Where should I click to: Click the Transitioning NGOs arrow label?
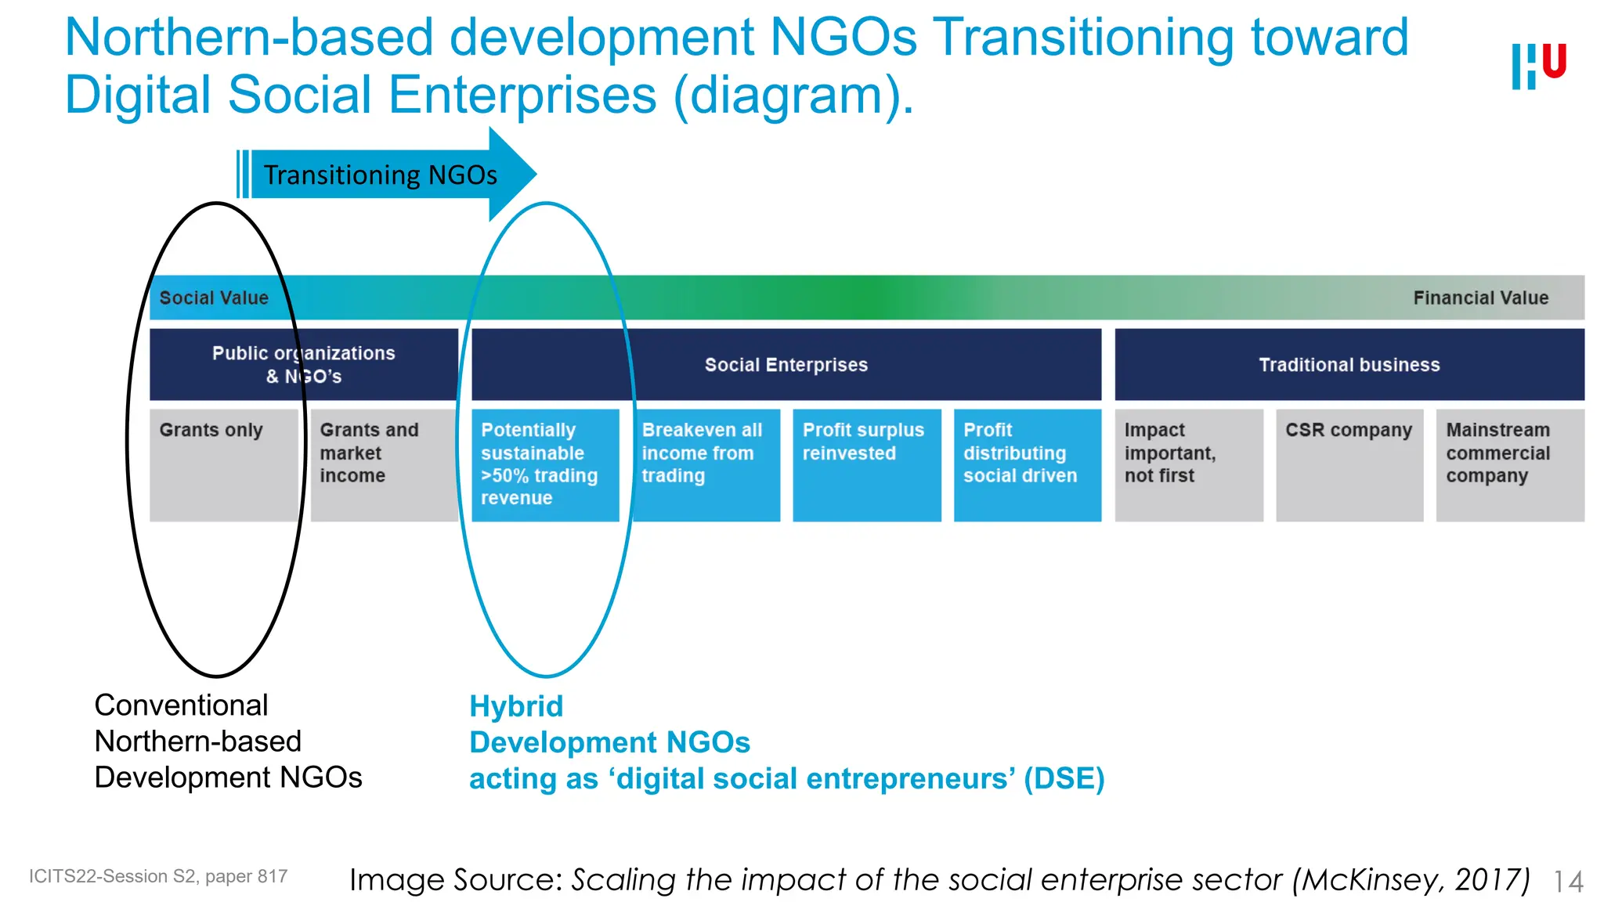(380, 175)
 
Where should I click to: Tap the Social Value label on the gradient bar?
(214, 298)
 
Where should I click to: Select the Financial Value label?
(1480, 298)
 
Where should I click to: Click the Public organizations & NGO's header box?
(303, 364)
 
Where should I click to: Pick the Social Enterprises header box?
(786, 364)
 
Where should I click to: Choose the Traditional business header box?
(1349, 364)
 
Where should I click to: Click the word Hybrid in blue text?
(516, 706)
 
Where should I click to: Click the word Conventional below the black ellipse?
(181, 705)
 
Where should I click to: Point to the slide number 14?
(1568, 882)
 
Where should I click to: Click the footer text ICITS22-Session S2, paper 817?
(158, 876)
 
